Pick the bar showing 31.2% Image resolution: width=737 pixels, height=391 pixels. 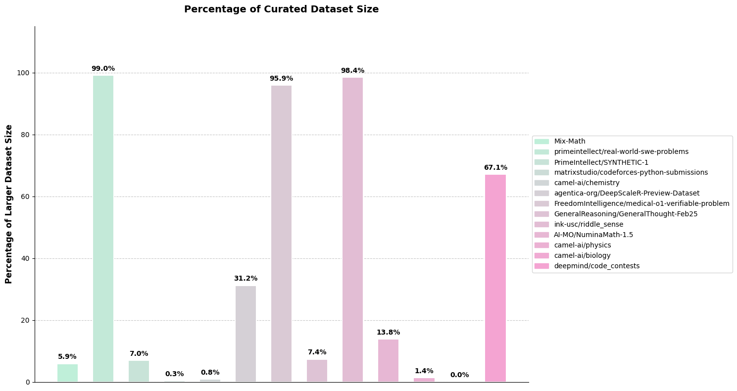246,334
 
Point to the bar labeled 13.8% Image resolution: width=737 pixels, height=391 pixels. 388,360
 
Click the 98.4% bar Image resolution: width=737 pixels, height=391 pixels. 352,230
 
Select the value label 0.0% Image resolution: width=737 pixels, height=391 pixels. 459,375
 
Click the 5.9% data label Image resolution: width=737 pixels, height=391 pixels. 67,357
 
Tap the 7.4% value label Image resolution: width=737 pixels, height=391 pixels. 317,352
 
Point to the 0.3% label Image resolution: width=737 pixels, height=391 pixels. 174,374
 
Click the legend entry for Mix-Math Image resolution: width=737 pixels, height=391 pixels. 569,142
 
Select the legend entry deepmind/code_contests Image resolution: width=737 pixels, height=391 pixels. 596,266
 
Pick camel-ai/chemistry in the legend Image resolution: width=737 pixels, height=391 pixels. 587,183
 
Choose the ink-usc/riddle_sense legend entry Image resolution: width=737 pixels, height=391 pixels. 589,225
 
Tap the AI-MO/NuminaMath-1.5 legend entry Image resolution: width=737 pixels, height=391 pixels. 593,235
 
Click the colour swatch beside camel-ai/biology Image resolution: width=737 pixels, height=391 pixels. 541,256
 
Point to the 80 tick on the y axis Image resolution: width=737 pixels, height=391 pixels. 25,135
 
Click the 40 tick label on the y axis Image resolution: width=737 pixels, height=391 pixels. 25,258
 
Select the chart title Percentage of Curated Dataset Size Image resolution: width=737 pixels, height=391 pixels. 281,9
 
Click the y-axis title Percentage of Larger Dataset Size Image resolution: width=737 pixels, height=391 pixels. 9,204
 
